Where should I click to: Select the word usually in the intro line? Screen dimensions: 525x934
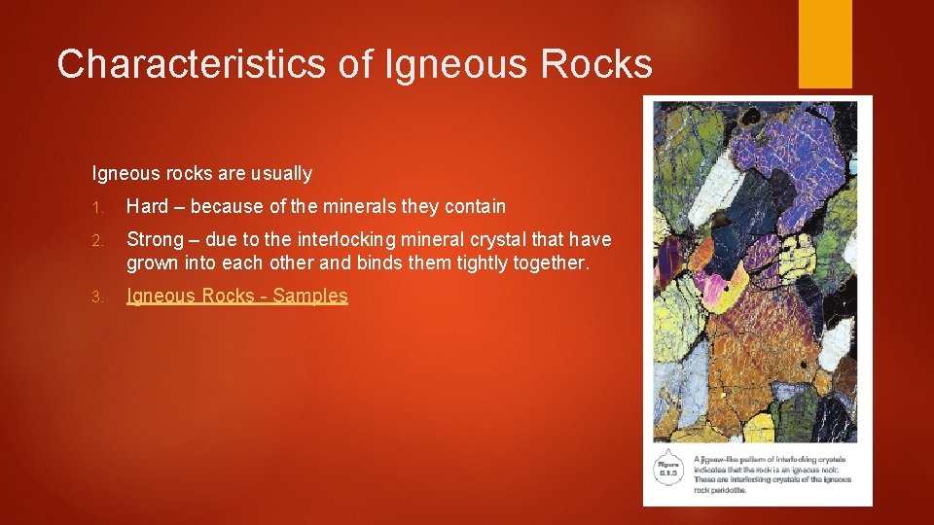pyautogui.click(x=282, y=174)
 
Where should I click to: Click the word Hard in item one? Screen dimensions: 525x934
pyautogui.click(x=147, y=206)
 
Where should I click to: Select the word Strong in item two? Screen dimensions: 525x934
pyautogui.click(x=154, y=239)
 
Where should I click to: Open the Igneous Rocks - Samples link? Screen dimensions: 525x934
pyautogui.click(x=236, y=297)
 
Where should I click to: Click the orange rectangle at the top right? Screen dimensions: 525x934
pyautogui.click(x=825, y=43)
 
